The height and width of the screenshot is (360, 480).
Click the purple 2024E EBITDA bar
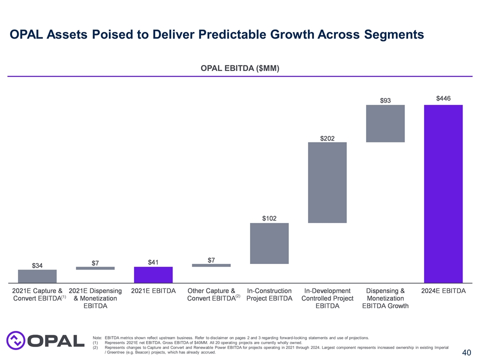[443, 194]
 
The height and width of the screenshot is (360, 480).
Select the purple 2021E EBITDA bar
[153, 274]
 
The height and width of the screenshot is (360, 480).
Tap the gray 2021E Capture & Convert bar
[37, 276]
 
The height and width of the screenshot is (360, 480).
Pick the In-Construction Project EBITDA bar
[269, 243]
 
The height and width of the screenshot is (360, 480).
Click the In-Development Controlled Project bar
[327, 182]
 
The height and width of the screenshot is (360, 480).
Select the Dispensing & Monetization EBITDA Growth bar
[385, 123]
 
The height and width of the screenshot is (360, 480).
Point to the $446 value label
[443, 98]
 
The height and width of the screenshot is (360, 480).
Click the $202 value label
[327, 137]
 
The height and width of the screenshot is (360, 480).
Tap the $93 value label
[385, 100]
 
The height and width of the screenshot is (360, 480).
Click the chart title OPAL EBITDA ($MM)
[240, 68]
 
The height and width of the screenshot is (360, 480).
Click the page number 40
[466, 352]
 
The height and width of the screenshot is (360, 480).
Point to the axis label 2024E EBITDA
[443, 290]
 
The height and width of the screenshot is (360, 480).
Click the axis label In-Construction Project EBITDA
[269, 294]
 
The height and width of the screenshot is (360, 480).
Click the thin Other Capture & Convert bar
[211, 265]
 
